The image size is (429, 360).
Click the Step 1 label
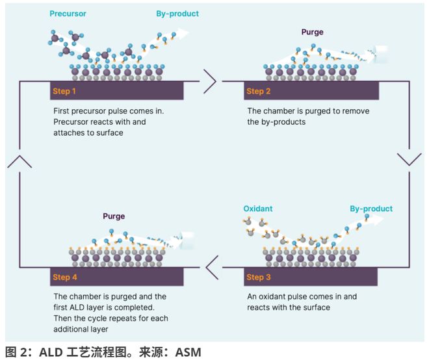click(64, 92)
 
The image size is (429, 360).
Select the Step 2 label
click(259, 92)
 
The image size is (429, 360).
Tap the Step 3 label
click(259, 277)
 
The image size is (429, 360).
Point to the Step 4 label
click(64, 277)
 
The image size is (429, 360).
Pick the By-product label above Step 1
click(177, 14)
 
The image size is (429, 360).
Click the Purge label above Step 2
click(312, 32)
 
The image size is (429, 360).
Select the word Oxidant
click(259, 209)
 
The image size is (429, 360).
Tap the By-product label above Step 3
click(371, 209)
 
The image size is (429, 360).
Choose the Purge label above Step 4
click(114, 216)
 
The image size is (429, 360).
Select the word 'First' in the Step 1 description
click(63, 111)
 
